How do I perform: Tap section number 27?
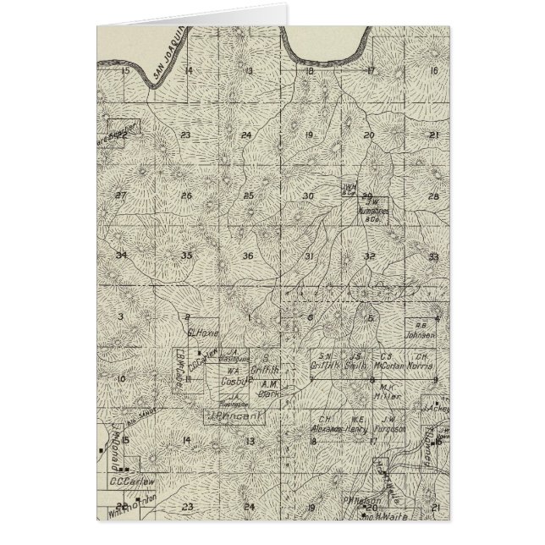[x=121, y=195]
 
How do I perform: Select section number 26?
[x=186, y=195]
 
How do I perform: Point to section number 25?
[x=248, y=195]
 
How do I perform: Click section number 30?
[x=309, y=195]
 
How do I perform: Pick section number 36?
[x=248, y=256]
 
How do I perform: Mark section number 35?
[x=186, y=256]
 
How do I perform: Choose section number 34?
[x=122, y=256]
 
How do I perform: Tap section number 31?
[x=310, y=256]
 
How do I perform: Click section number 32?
[x=369, y=256]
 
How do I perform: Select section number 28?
[x=434, y=195]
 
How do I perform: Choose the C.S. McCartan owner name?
[x=390, y=360]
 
